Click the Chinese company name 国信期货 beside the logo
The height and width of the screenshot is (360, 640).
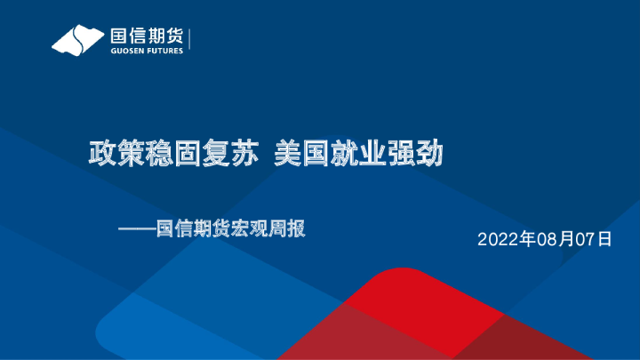[146, 36]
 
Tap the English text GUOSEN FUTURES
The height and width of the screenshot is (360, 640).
[146, 51]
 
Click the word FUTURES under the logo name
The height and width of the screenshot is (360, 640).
[165, 51]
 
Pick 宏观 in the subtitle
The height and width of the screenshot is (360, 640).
[251, 228]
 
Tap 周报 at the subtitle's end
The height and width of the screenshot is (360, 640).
[288, 228]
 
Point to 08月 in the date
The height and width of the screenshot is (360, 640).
[549, 239]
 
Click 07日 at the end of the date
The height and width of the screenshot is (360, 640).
[596, 239]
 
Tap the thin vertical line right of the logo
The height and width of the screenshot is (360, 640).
[191, 39]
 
